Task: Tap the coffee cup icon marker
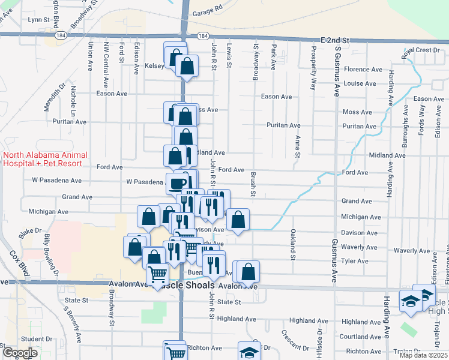(178, 183)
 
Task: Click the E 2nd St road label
(335, 39)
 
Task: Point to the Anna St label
(298, 147)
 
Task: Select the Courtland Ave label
(361, 337)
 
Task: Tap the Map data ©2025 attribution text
(423, 355)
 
